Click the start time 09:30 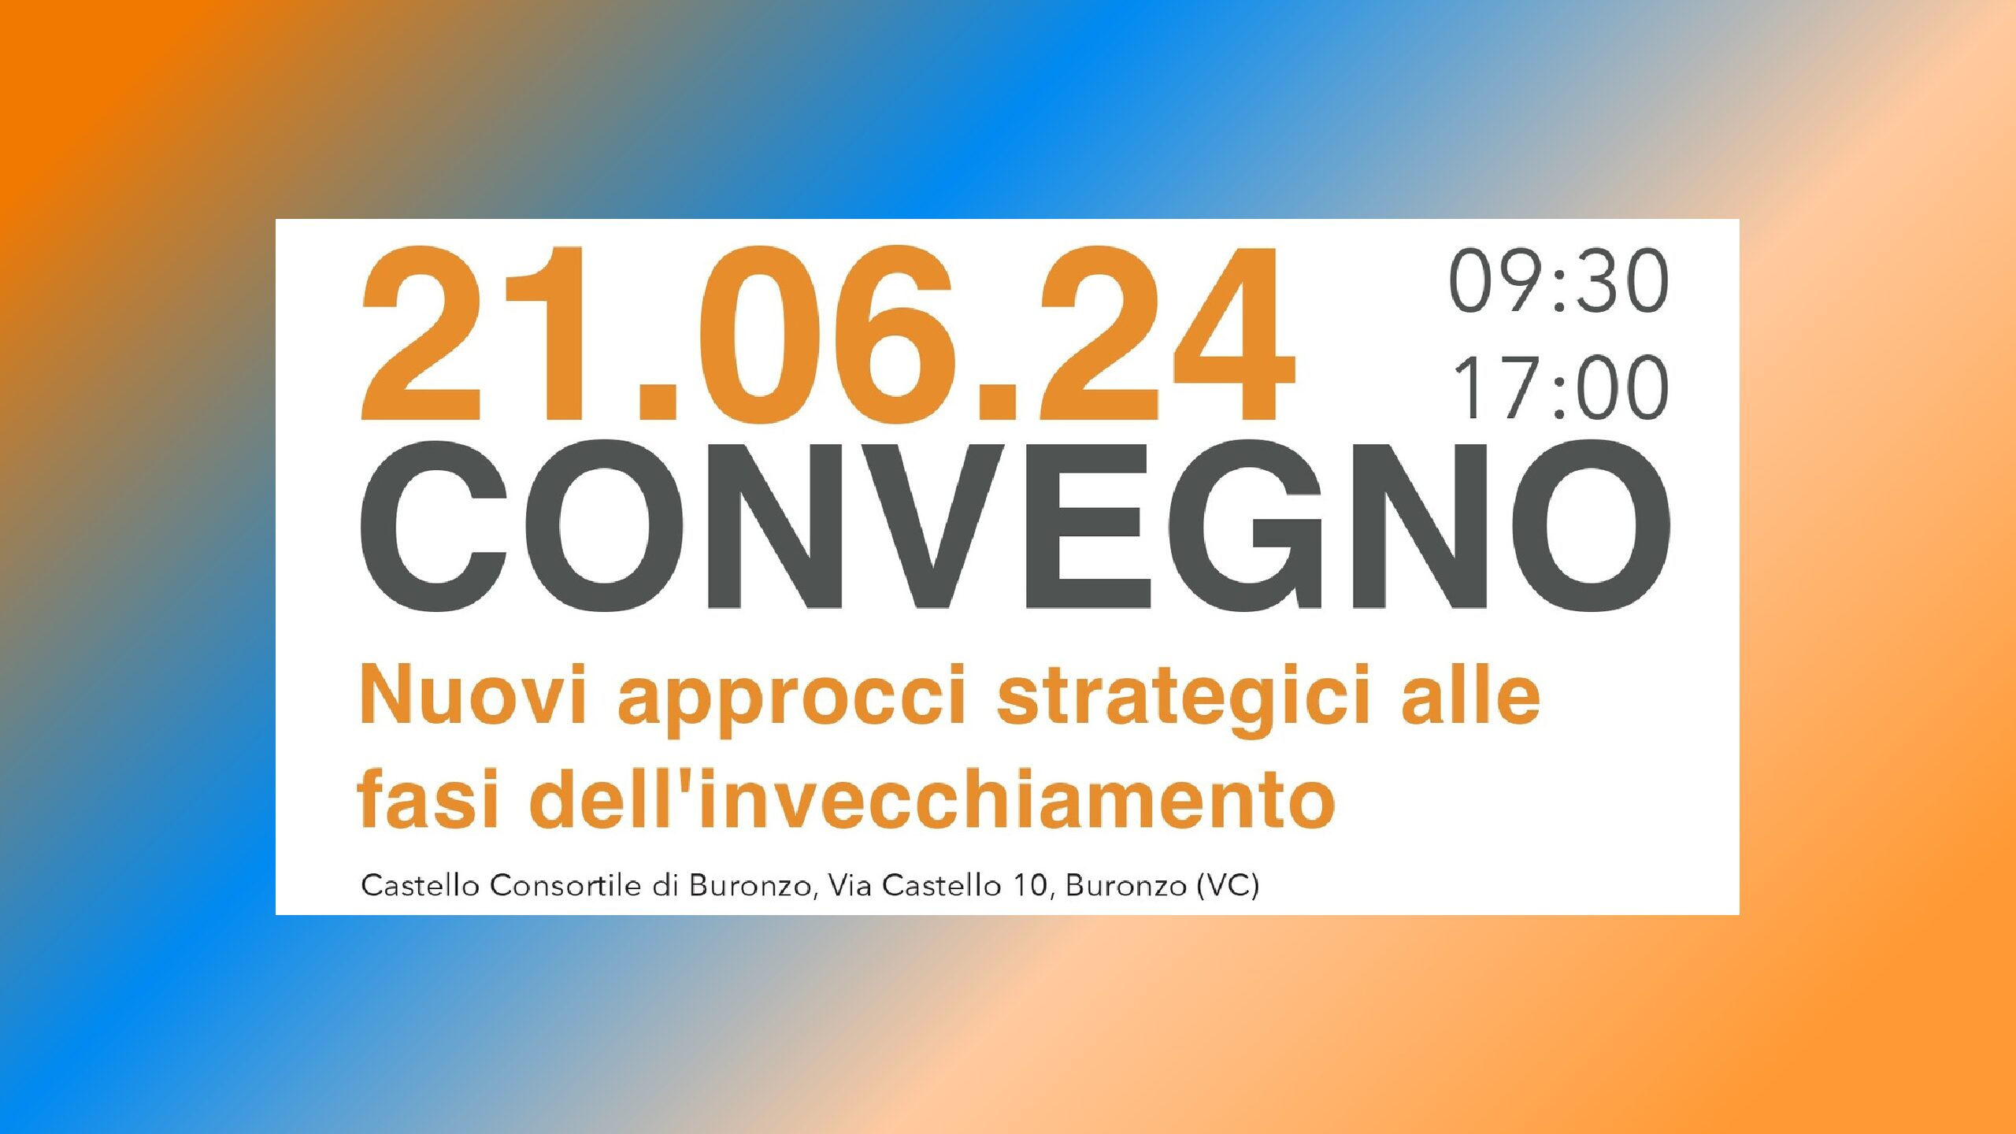(1558, 280)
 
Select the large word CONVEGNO (1015, 526)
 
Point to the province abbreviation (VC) (1228, 887)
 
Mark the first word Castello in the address (421, 886)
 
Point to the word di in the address (665, 886)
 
